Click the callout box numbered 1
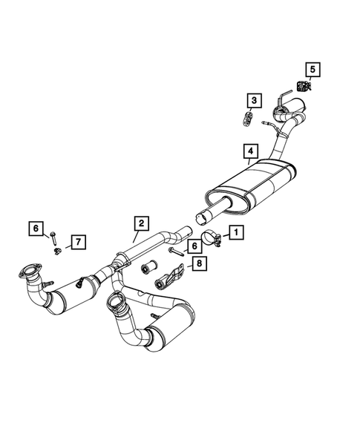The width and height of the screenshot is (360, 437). tap(235, 232)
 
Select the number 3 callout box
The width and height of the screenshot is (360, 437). tap(254, 99)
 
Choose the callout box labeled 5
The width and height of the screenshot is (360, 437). tap(312, 70)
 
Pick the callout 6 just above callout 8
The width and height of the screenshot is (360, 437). tap(192, 246)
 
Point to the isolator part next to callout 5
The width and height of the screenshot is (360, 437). tap(302, 86)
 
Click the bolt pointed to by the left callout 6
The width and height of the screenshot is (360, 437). tap(55, 237)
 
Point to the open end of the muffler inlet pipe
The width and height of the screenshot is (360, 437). tap(201, 217)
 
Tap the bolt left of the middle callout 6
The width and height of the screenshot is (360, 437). tap(174, 253)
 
